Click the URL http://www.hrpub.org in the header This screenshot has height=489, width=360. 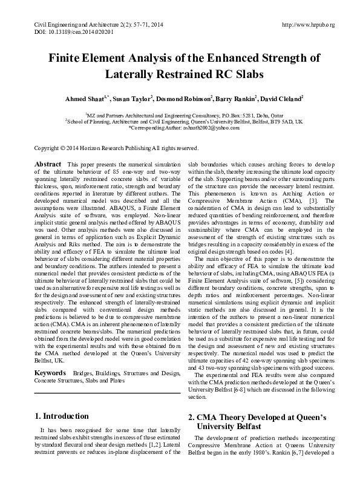tap(309, 25)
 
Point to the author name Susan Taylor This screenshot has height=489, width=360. tap(134, 98)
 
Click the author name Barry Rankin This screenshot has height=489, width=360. tap(238, 98)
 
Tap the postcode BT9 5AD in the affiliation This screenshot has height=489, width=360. tap(278, 121)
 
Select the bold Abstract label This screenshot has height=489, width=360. tap(48, 165)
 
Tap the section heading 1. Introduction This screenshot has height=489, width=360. tap(61, 416)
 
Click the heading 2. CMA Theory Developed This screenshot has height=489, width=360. tap(257, 417)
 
